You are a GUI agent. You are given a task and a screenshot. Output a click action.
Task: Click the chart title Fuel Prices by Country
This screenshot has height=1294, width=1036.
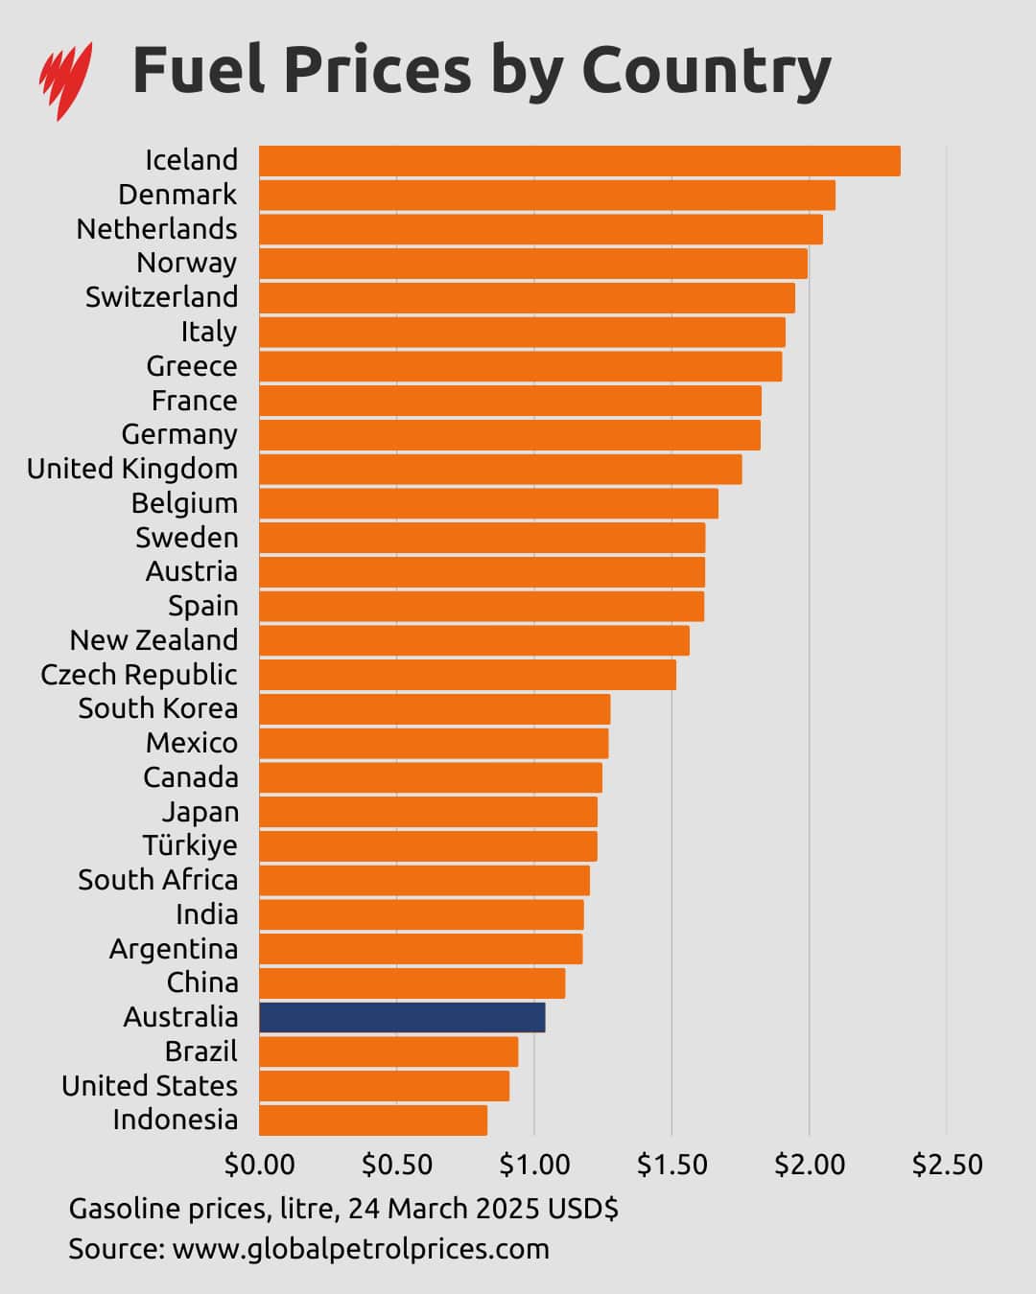[481, 71]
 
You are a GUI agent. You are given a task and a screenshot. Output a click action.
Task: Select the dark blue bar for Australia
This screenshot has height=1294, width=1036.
[402, 1017]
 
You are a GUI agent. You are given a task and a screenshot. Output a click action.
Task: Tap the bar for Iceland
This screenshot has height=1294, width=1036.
[579, 161]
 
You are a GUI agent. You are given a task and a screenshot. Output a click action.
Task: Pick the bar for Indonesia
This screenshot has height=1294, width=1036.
[373, 1120]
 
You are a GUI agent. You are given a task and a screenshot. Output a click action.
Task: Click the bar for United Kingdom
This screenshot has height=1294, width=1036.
[500, 470]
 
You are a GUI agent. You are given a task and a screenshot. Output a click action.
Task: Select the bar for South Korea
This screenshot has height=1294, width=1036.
[435, 709]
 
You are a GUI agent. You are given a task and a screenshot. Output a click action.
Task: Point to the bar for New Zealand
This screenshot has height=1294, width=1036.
[474, 640]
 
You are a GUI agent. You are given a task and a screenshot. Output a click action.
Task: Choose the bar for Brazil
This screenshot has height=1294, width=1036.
[388, 1051]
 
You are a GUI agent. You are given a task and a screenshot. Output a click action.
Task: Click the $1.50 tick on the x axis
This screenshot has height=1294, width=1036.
[671, 1165]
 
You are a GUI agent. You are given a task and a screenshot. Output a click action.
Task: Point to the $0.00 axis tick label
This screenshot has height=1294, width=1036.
[259, 1165]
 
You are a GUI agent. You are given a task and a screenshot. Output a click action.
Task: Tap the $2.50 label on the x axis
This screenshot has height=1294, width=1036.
[947, 1165]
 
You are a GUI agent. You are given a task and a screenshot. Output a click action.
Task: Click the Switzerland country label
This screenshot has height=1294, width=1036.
[161, 297]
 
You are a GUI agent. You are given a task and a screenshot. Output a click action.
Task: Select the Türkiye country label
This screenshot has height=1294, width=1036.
[190, 845]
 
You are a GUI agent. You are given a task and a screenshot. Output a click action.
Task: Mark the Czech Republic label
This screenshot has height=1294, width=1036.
[139, 675]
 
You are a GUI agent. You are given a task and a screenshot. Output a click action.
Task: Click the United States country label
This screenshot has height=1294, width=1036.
[150, 1086]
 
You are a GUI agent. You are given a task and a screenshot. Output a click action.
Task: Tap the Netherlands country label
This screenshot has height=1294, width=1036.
[156, 229]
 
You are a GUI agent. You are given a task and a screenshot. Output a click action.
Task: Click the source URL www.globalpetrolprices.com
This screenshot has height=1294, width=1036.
[361, 1249]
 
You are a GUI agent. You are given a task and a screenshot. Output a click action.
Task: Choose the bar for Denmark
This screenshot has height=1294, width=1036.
[547, 196]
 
